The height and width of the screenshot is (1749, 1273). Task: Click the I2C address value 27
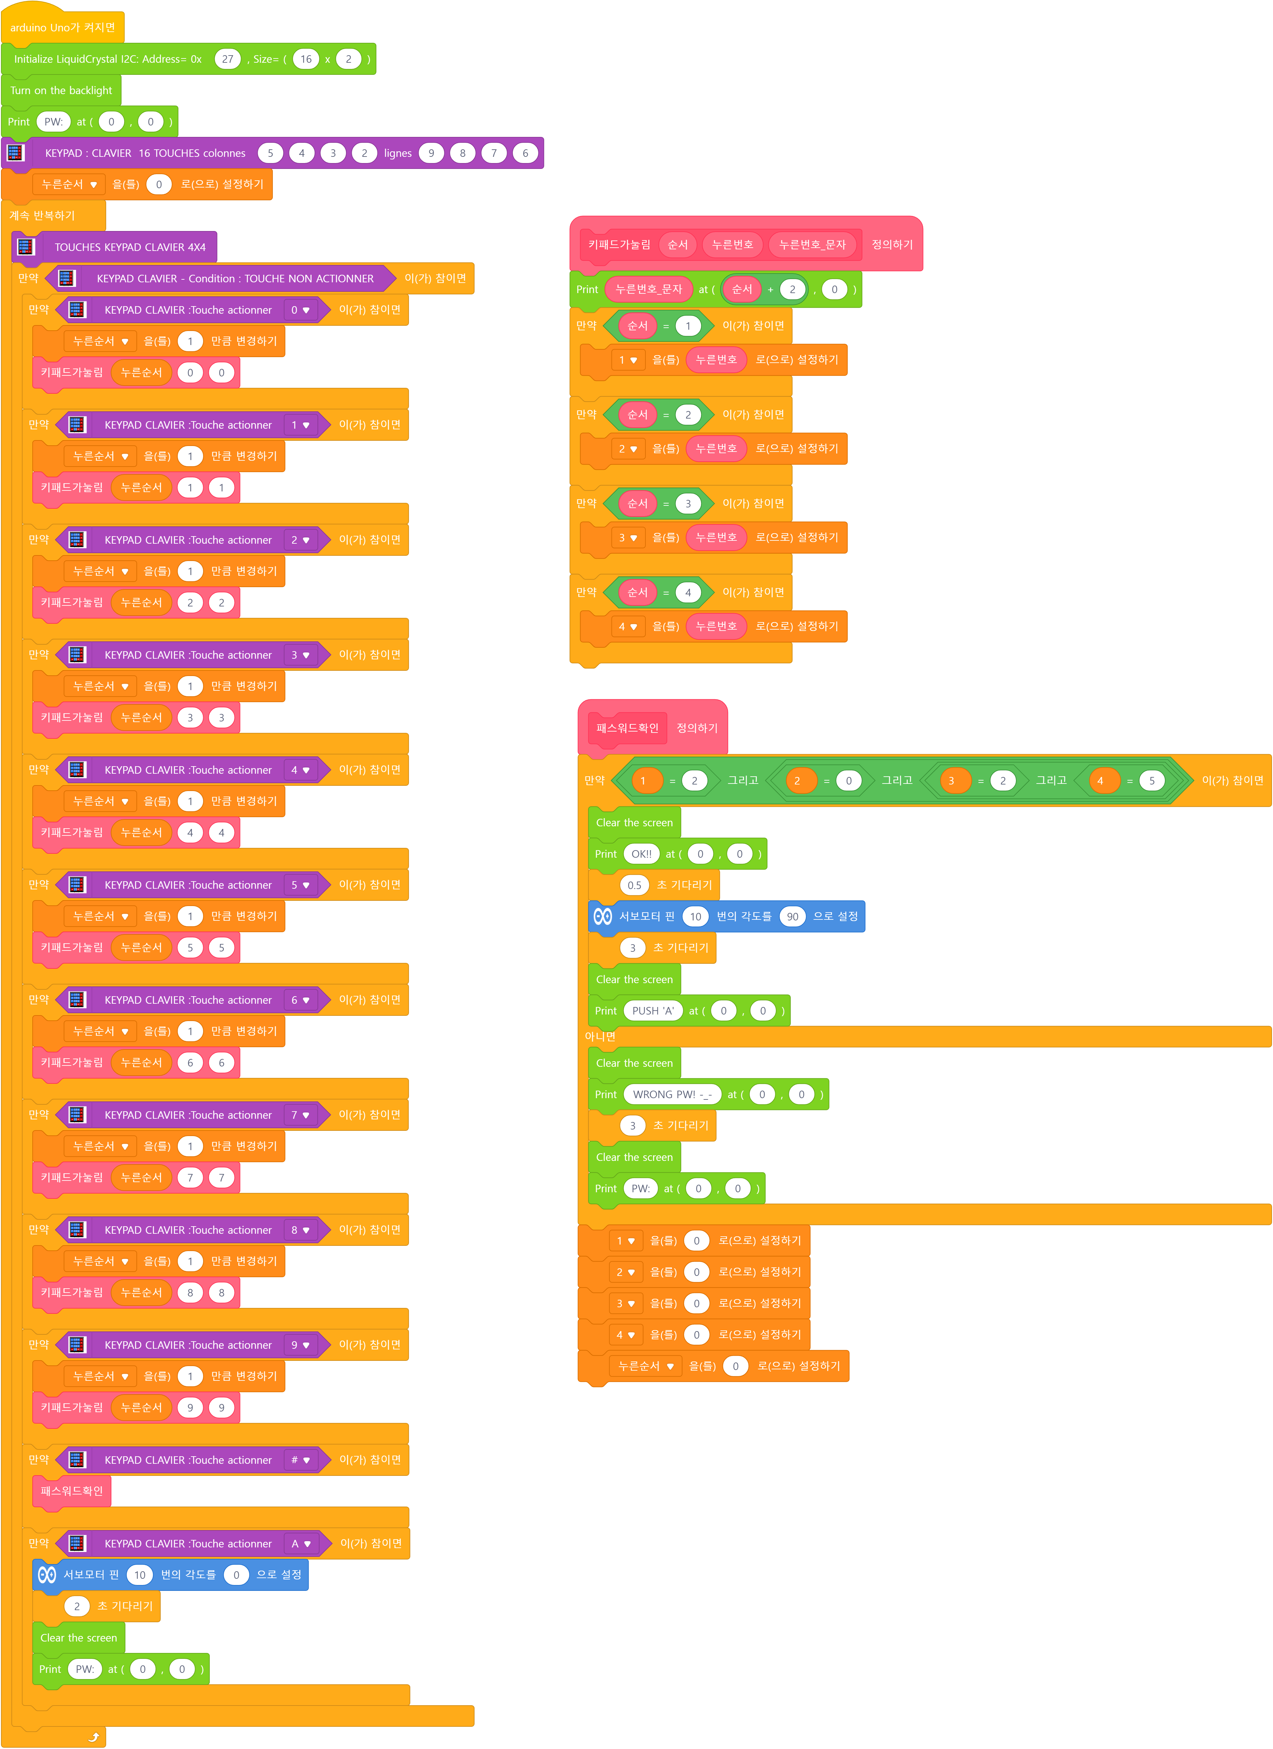pos(227,59)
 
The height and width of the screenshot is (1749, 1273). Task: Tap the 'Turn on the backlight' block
pos(61,90)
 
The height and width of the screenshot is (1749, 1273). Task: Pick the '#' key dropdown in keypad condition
pos(300,1460)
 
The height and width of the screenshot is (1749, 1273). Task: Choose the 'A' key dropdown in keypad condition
pos(301,1544)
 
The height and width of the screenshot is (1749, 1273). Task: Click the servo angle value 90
pos(792,916)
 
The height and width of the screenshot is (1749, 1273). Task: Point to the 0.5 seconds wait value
pos(634,885)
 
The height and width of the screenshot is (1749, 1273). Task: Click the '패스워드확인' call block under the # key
pos(72,1491)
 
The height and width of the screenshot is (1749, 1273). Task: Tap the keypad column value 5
pos(270,153)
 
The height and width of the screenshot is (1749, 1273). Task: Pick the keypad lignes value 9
pos(431,153)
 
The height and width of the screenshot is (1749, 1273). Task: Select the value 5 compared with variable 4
pos(1151,781)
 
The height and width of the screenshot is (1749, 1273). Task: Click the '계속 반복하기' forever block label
pos(42,215)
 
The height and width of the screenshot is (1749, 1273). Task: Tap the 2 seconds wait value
pos(76,1606)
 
